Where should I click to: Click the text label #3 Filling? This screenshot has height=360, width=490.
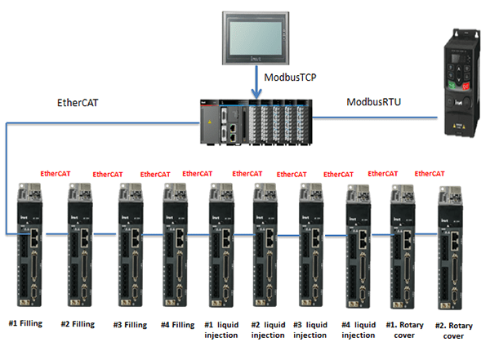130,324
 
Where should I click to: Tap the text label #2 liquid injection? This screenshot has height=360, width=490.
268,329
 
